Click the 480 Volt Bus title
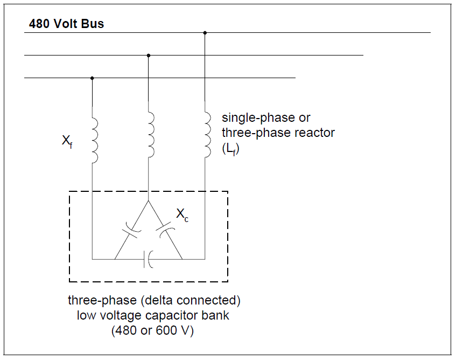point(66,24)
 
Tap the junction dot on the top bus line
point(205,33)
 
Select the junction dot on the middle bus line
point(149,55)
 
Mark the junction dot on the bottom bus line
point(92,78)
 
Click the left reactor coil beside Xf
point(95,141)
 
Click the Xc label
point(183,215)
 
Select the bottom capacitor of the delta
point(149,259)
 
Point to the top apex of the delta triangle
point(149,200)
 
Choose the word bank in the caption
point(216,315)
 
